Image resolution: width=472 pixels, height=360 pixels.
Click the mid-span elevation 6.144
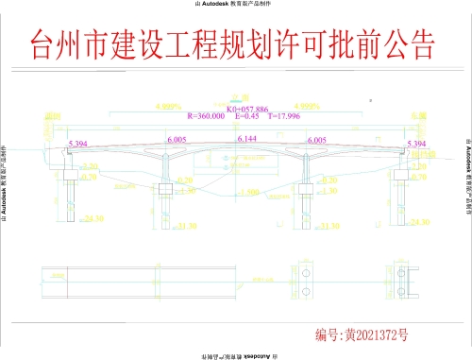pyautogui.click(x=247, y=139)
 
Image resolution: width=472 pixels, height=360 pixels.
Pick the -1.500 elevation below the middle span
pyautogui.click(x=250, y=192)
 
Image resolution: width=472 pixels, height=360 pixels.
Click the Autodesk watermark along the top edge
pyautogui.click(x=236, y=5)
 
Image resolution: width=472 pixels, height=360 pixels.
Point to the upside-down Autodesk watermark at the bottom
pyautogui.click(x=236, y=355)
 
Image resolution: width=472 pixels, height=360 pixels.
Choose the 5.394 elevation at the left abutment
pyautogui.click(x=79, y=145)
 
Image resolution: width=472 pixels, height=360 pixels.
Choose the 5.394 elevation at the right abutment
pyautogui.click(x=415, y=145)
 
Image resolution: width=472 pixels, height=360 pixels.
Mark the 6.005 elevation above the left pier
pyautogui.click(x=176, y=139)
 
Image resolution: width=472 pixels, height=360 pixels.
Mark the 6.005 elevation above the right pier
pyautogui.click(x=317, y=139)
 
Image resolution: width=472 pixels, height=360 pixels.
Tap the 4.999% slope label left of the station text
pyautogui.click(x=166, y=107)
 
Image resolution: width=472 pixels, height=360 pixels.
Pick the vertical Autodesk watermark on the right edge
pyautogui.click(x=467, y=180)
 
